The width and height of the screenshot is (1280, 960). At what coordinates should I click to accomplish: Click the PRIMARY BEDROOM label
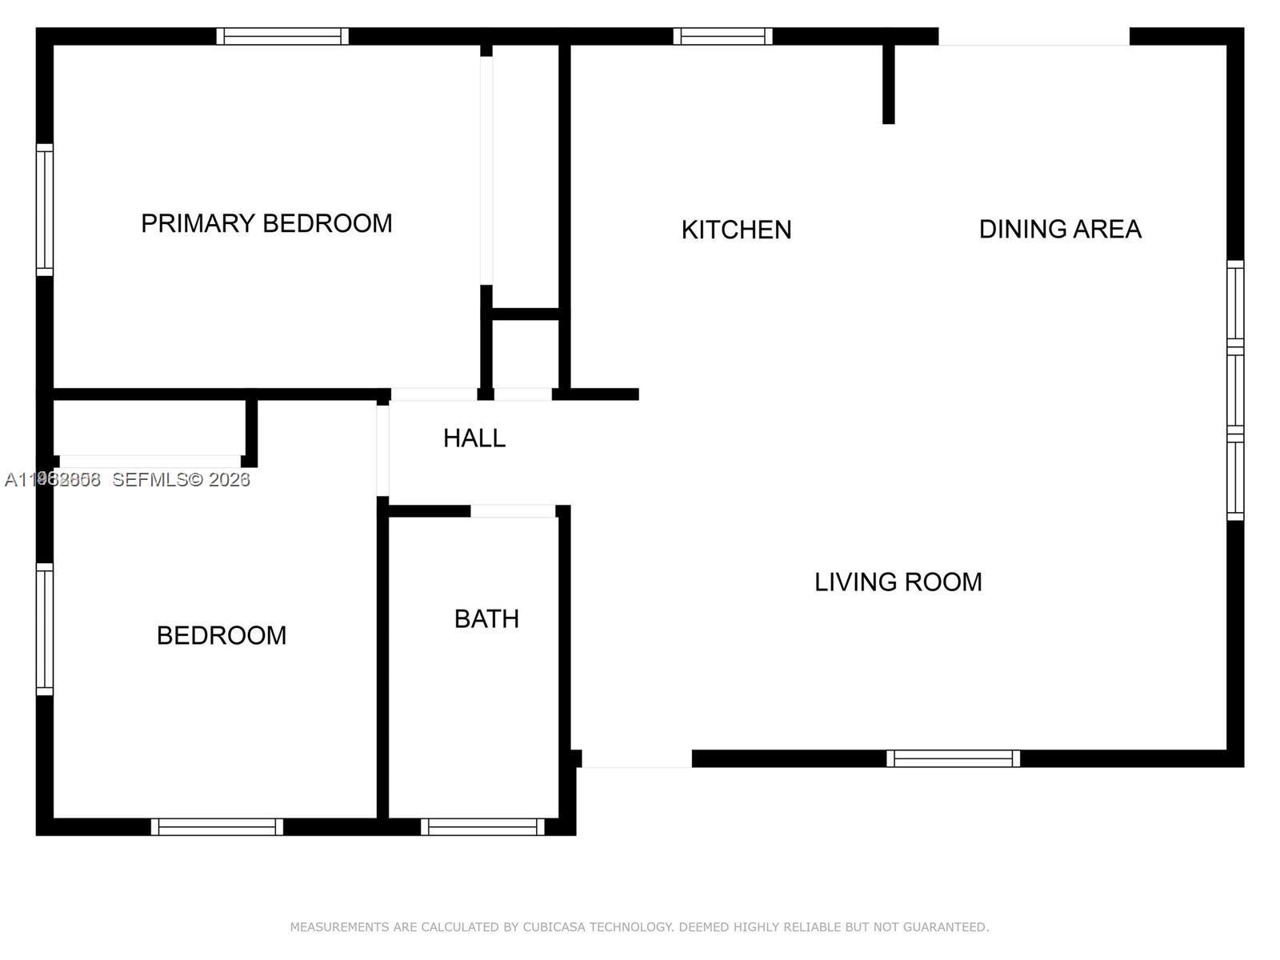tap(266, 223)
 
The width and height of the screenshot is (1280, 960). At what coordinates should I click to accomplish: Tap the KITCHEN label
tap(736, 230)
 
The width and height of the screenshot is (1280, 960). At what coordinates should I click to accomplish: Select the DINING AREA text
tap(1059, 230)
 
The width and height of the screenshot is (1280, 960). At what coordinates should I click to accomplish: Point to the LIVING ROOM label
tap(898, 582)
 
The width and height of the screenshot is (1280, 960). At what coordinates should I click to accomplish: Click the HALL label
tap(474, 438)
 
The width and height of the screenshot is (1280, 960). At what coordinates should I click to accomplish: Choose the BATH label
tap(486, 619)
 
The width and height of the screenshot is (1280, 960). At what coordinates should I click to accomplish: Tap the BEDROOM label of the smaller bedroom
tap(222, 636)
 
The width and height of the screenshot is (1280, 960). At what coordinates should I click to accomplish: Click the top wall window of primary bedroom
tap(282, 36)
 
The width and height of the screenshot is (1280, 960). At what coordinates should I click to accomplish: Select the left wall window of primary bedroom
tap(45, 210)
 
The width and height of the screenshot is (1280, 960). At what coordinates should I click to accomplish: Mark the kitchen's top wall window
tap(722, 36)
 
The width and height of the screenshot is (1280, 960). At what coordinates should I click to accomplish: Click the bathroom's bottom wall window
tap(482, 826)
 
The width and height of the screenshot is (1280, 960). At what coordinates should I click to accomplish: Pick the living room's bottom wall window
tap(953, 758)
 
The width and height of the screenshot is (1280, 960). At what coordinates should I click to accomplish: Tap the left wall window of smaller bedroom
tap(45, 629)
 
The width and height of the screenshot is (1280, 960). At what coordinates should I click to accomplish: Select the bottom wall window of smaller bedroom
tap(217, 826)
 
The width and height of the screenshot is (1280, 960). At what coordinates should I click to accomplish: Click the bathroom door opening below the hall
tap(513, 511)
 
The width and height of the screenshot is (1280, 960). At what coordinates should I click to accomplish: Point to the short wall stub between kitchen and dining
tap(888, 84)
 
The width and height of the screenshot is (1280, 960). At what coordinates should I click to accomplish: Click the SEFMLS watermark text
tap(181, 479)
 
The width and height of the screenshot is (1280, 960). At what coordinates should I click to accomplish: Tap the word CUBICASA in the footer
tap(554, 927)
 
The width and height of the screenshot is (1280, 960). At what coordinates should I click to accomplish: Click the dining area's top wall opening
tap(1034, 37)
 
